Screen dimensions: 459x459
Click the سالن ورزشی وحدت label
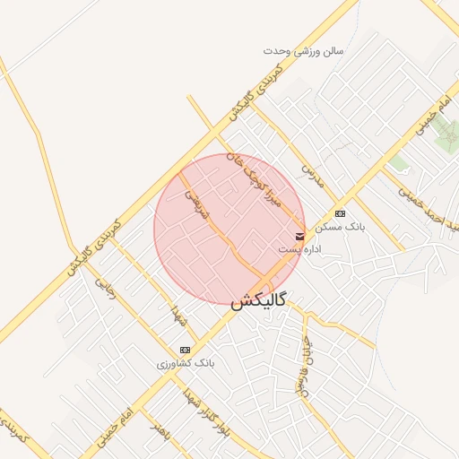pyautogui.click(x=303, y=51)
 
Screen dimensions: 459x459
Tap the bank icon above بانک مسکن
pyautogui.click(x=340, y=213)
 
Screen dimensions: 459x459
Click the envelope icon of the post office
pyautogui.click(x=299, y=235)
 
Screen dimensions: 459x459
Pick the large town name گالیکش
pyautogui.click(x=258, y=302)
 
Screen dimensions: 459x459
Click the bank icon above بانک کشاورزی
pyautogui.click(x=185, y=350)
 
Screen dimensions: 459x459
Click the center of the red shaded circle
pyautogui.click(x=229, y=229)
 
